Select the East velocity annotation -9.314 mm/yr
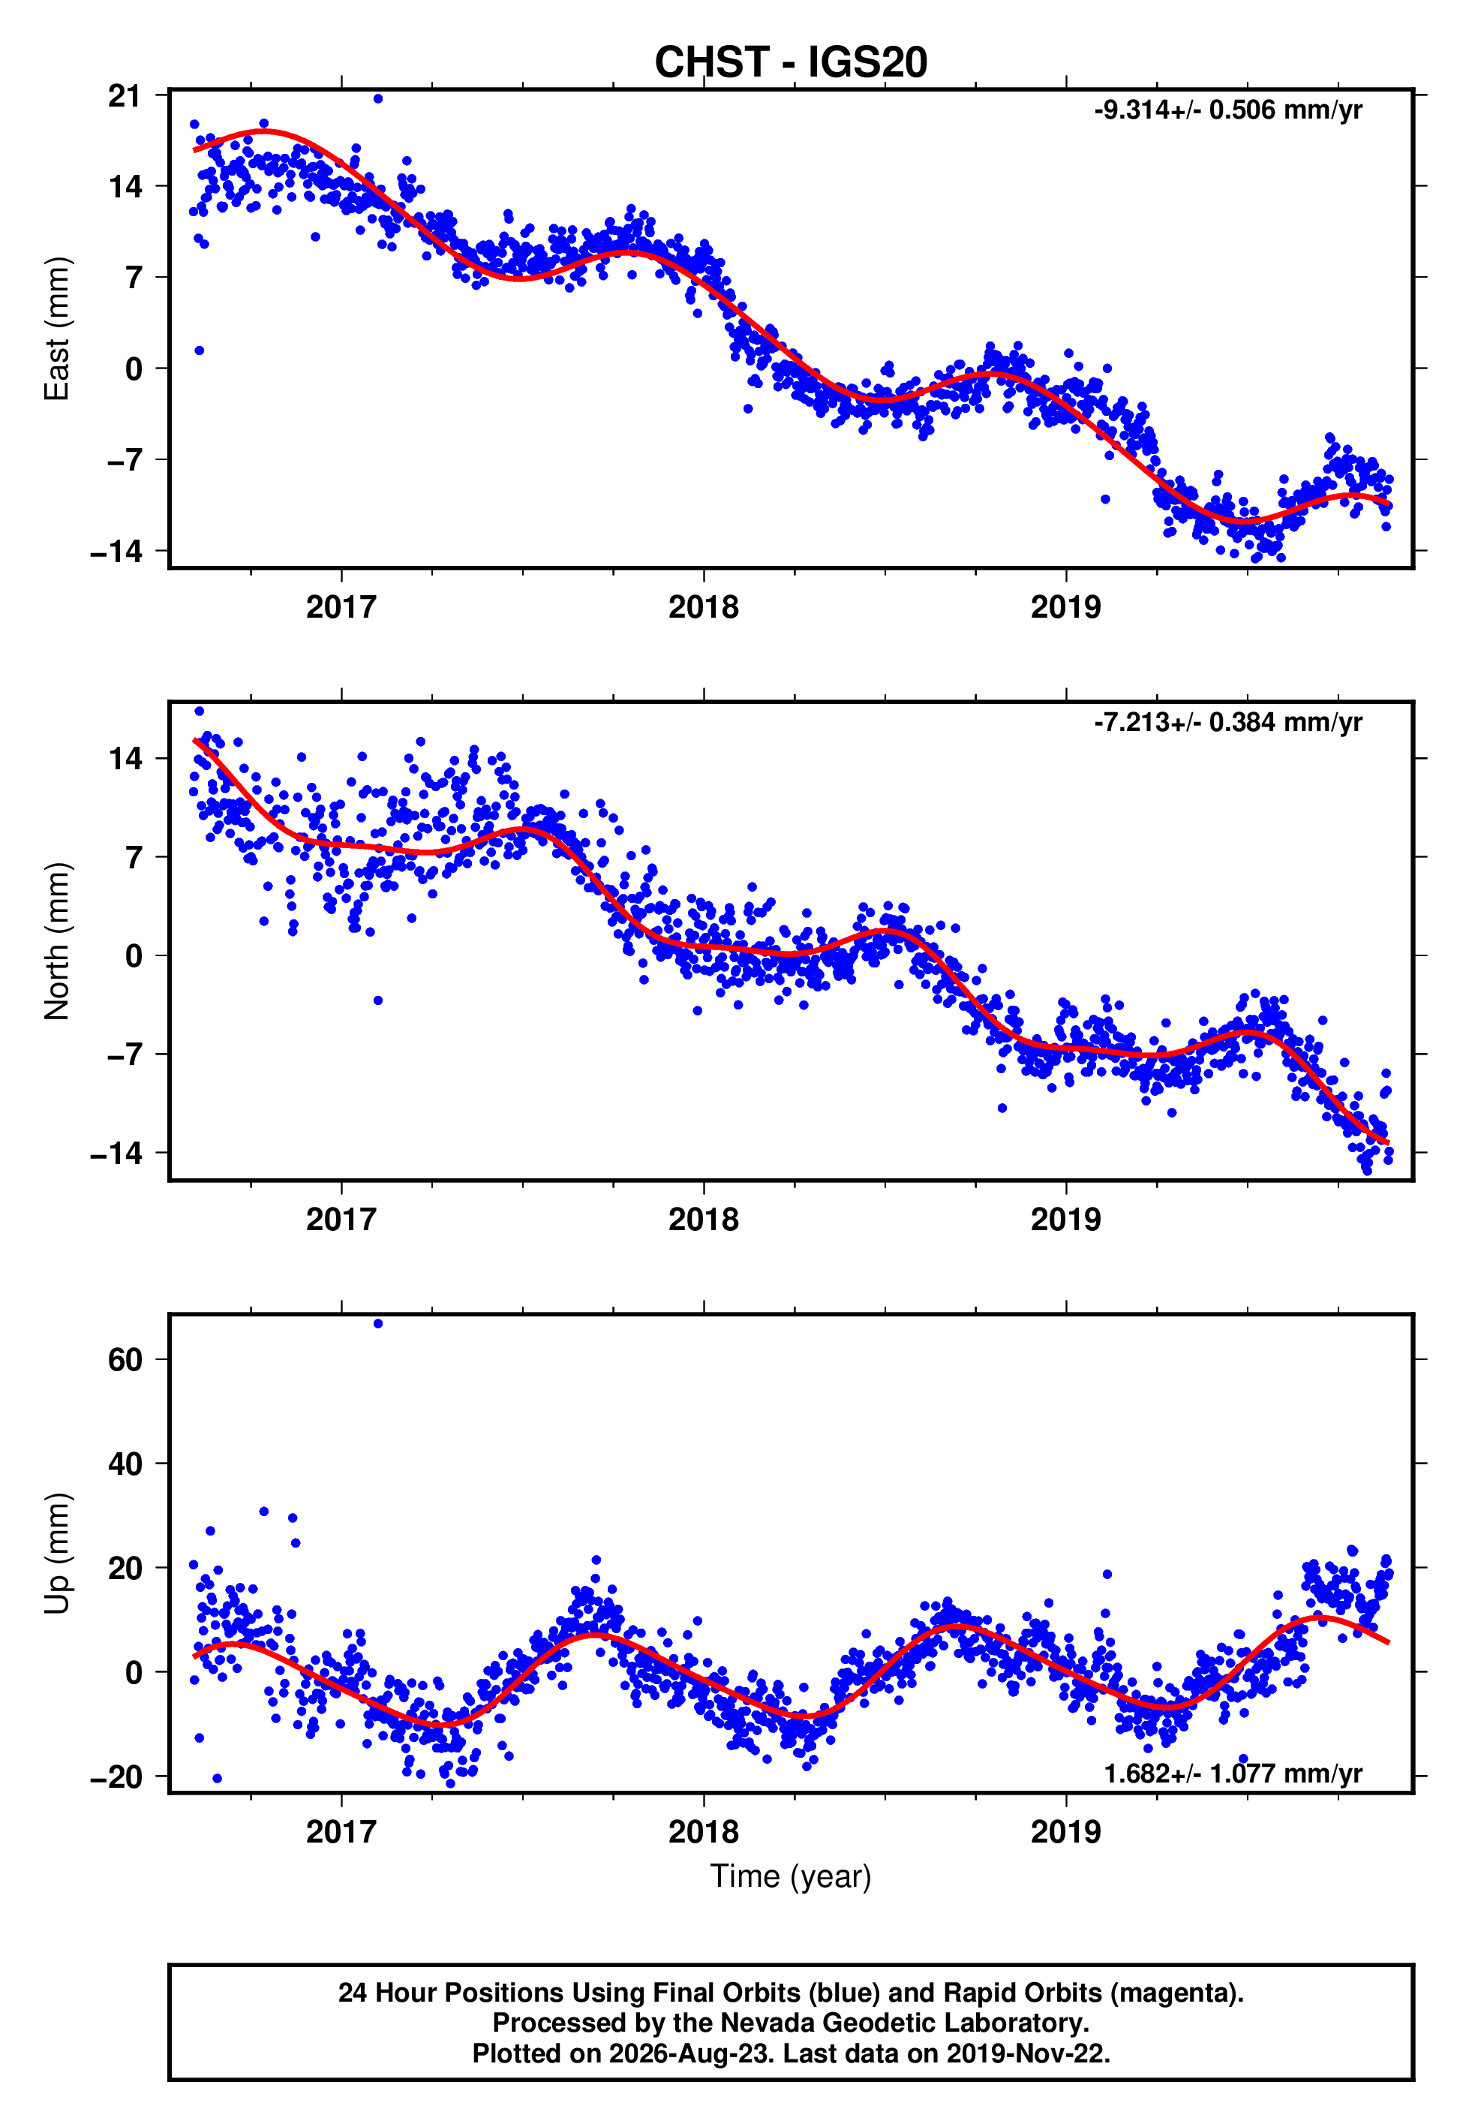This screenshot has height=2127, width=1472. (x=1227, y=110)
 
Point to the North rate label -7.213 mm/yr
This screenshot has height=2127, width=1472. (x=1227, y=722)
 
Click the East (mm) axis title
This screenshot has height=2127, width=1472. (x=57, y=329)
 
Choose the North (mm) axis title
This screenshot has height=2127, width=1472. (x=57, y=941)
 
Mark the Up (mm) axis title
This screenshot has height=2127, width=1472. (x=57, y=1554)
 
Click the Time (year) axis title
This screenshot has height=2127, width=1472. (x=791, y=1876)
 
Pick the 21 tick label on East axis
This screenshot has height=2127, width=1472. (x=125, y=95)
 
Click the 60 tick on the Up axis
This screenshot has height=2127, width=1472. (x=125, y=1359)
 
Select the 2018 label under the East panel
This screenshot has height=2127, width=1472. (x=704, y=607)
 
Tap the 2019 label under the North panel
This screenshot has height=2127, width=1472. (x=1066, y=1220)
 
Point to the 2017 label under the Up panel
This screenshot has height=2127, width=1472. (x=341, y=1831)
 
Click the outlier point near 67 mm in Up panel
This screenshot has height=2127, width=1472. (x=378, y=1324)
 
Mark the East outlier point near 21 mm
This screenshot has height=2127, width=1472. (x=378, y=98)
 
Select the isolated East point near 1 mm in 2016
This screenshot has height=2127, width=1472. (x=200, y=350)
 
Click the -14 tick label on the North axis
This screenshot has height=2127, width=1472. (x=116, y=1153)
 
